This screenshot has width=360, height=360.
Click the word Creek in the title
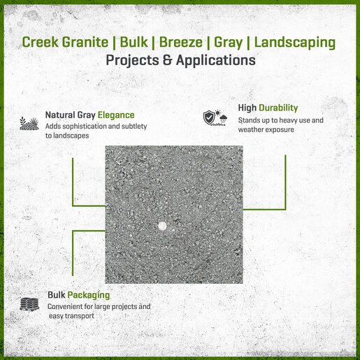pyautogui.click(x=40, y=42)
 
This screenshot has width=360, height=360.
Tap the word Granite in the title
pyautogui.click(x=85, y=42)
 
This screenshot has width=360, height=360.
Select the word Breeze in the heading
pyautogui.click(x=181, y=42)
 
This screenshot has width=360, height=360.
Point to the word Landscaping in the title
pyautogui.click(x=295, y=43)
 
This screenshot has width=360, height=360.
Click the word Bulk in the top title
pyautogui.click(x=134, y=42)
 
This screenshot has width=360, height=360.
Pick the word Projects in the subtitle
pyautogui.click(x=132, y=61)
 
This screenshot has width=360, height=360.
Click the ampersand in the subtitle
pyautogui.click(x=167, y=60)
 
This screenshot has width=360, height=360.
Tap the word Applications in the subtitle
pyautogui.click(x=216, y=61)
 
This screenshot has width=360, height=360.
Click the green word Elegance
pyautogui.click(x=116, y=115)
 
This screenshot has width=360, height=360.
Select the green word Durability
pyautogui.click(x=278, y=108)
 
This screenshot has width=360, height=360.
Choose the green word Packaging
pyautogui.click(x=89, y=296)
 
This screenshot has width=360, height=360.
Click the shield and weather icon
pyautogui.click(x=215, y=117)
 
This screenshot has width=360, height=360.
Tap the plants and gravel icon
pyautogui.click(x=29, y=123)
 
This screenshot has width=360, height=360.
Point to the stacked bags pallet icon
pyautogui.click(x=29, y=304)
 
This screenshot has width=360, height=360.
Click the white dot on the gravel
pyautogui.click(x=162, y=226)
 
